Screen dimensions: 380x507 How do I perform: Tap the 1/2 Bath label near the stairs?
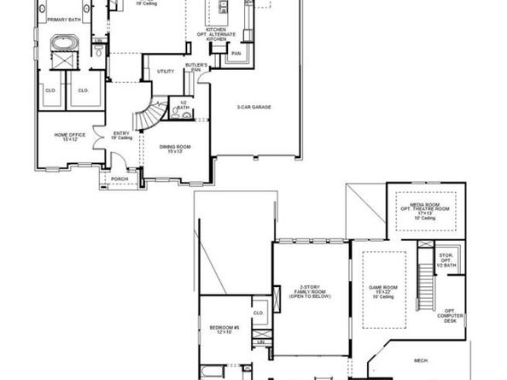coord(183,105)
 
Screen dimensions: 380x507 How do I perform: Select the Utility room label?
coord(165,73)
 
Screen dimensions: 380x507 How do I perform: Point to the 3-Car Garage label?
coord(254,108)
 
